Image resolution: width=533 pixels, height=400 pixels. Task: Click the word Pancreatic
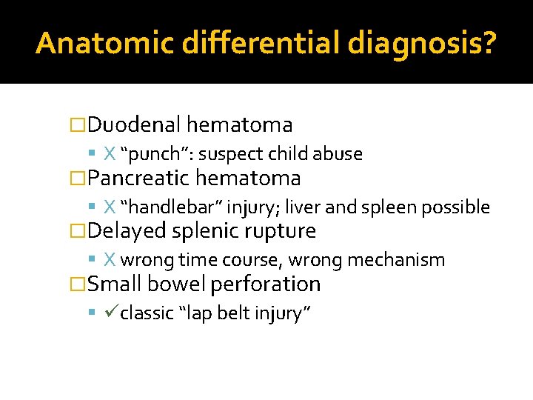141,178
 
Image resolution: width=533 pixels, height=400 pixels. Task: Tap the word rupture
280,232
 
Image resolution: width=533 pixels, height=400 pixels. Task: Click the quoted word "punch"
155,154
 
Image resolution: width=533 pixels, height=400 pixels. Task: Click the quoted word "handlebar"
169,207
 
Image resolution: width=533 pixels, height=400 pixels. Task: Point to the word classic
147,313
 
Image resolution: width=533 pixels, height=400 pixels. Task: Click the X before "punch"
110,154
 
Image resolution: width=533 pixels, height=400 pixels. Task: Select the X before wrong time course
110,260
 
